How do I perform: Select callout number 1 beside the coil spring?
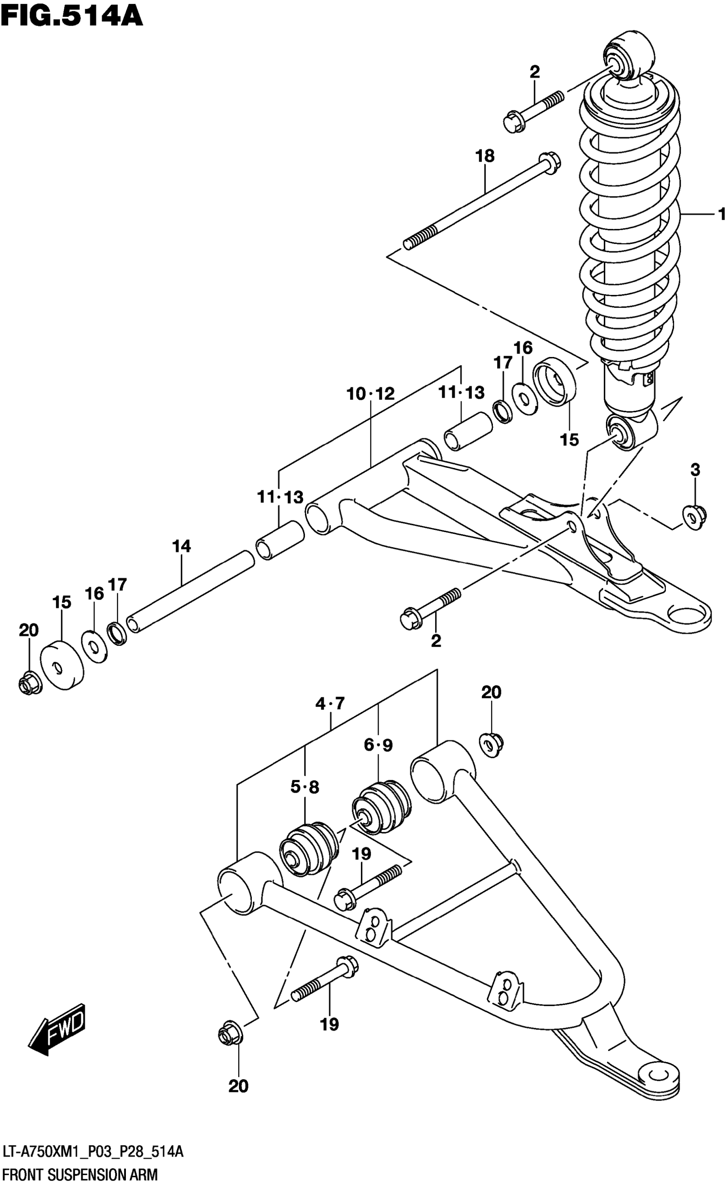(721, 213)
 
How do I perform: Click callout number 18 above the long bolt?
(485, 156)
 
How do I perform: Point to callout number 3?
(695, 470)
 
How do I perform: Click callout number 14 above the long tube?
(182, 546)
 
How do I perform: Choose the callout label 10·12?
(370, 394)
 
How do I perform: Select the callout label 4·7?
(330, 704)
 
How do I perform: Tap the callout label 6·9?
(378, 745)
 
